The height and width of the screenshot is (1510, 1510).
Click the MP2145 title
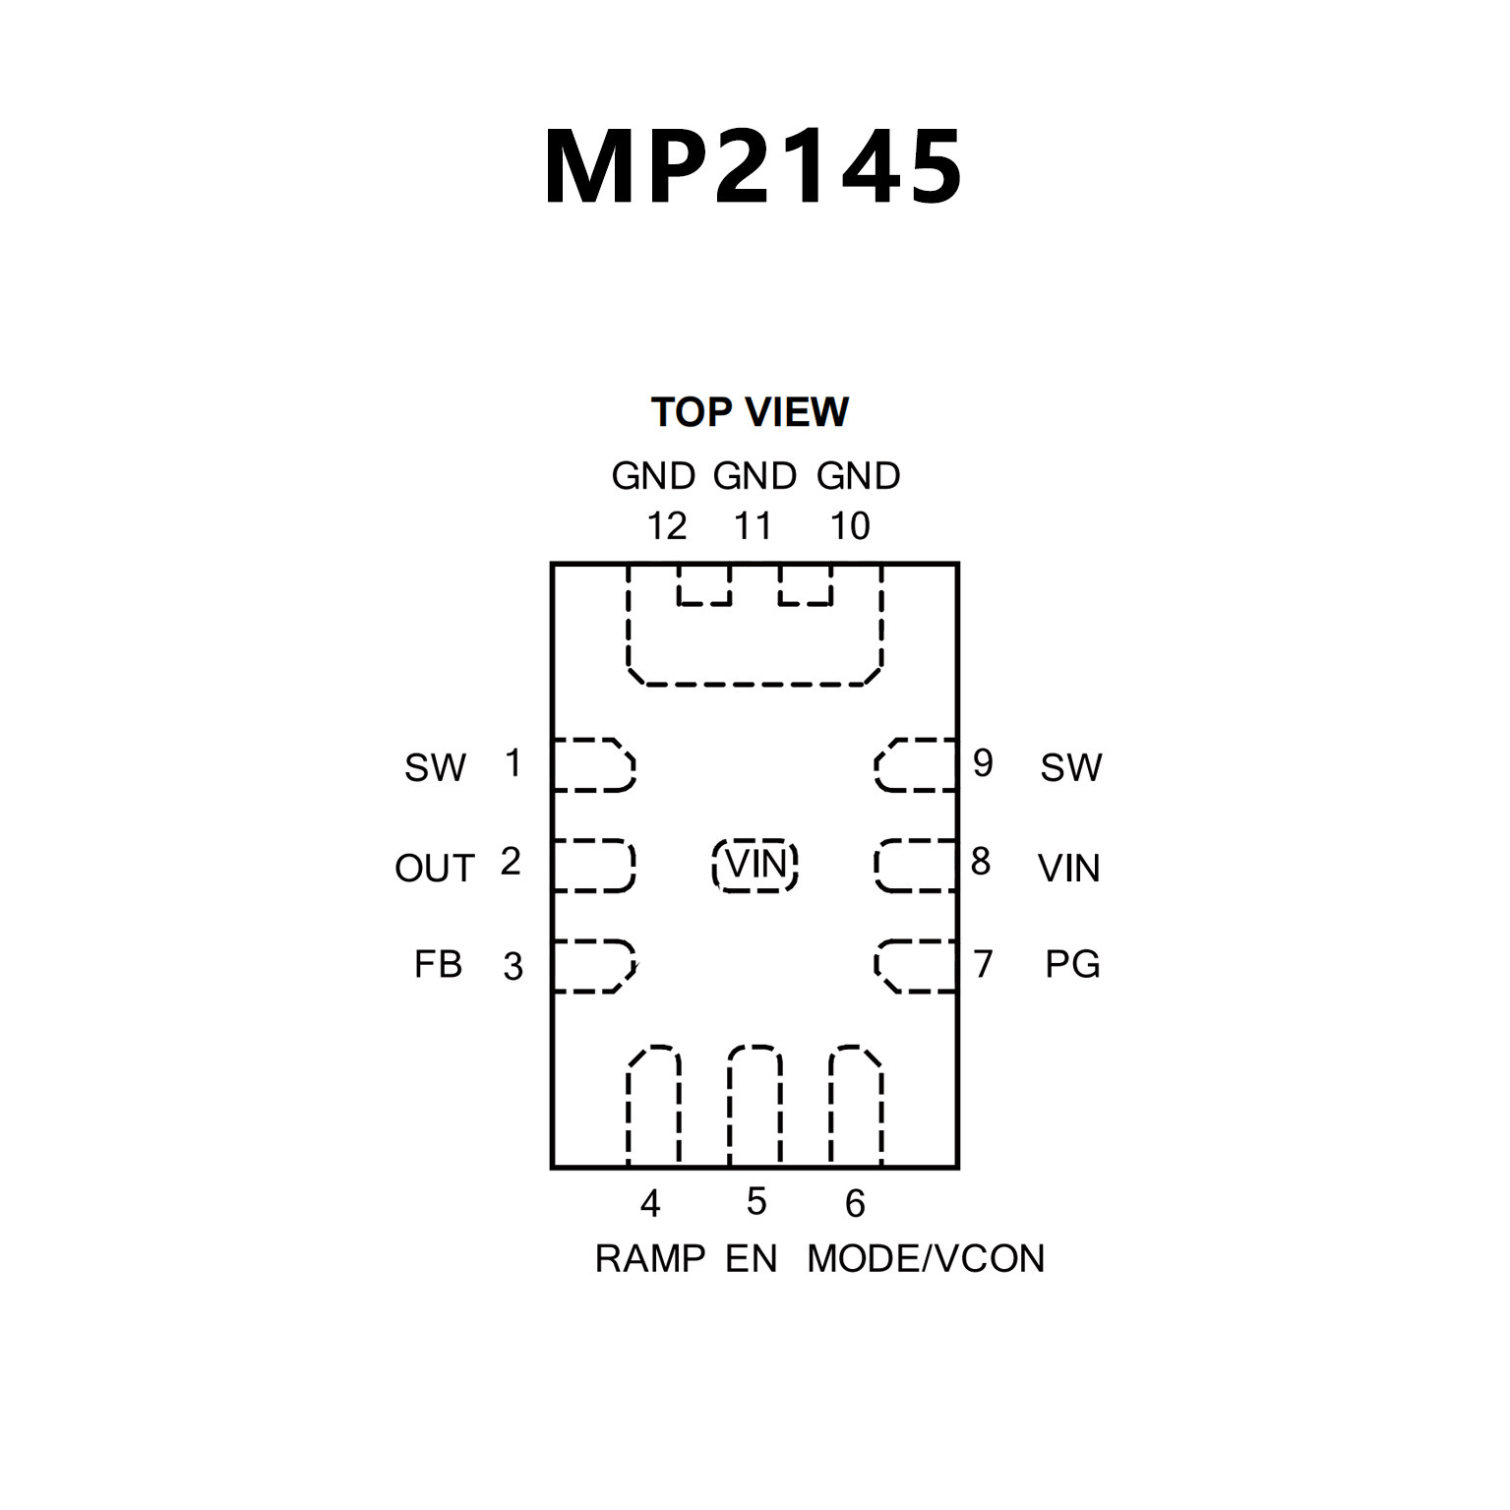click(x=754, y=167)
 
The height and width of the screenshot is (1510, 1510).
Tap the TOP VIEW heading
click(x=750, y=412)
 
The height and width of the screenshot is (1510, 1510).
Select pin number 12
click(x=666, y=527)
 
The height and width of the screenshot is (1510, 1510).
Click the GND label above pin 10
click(x=858, y=476)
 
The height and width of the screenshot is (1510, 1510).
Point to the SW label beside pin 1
click(x=435, y=768)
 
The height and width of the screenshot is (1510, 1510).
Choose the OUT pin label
click(x=435, y=869)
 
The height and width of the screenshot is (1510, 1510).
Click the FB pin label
click(x=438, y=964)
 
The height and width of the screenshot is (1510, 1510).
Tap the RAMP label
click(x=650, y=1259)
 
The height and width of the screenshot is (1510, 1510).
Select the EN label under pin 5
click(x=752, y=1259)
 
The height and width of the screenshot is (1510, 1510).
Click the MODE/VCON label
click(x=926, y=1259)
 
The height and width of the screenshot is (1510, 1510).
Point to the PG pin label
click(x=1072, y=964)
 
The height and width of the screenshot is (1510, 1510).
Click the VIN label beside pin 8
click(x=1068, y=869)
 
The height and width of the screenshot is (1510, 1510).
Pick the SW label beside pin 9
click(x=1071, y=768)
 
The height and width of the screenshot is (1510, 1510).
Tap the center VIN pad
click(x=755, y=866)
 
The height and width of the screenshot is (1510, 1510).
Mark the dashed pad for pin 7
click(x=916, y=966)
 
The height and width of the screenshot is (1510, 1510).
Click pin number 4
click(x=650, y=1203)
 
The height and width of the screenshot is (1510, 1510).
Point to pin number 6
click(x=855, y=1203)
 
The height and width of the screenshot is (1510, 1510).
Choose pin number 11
click(x=753, y=527)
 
